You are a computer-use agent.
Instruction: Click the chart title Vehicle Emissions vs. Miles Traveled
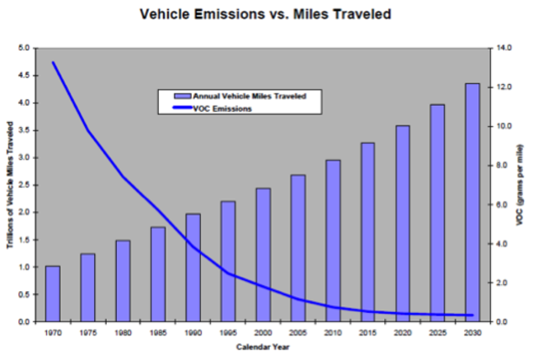(268, 15)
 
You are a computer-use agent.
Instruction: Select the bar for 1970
(52, 294)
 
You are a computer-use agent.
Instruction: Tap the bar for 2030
(472, 202)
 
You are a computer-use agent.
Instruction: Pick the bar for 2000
(262, 255)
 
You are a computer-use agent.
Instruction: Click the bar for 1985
(157, 274)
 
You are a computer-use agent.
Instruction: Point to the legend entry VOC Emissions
(222, 109)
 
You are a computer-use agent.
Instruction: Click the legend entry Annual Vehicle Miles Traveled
(248, 96)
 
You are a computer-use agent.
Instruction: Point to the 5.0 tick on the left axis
(24, 48)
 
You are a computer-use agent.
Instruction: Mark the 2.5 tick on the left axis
(24, 185)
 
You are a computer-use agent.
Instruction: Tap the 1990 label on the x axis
(193, 333)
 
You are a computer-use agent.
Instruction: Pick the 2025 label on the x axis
(437, 333)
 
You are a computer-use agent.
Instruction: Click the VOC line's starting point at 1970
(52, 62)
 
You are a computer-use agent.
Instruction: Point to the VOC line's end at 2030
(472, 315)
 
